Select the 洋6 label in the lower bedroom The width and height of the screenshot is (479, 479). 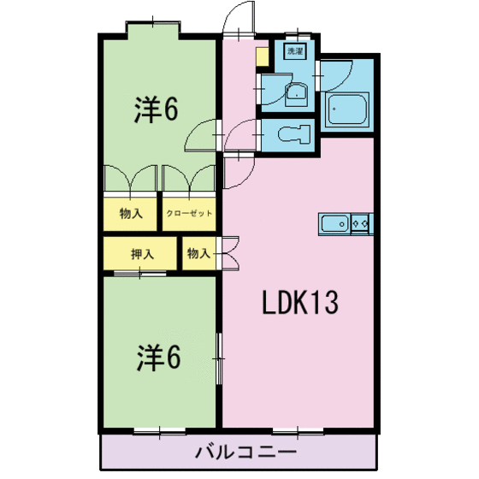click(x=157, y=358)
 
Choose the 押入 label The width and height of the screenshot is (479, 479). click(x=142, y=254)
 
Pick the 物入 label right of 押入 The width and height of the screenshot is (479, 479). click(x=198, y=254)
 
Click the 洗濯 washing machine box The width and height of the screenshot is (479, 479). click(x=295, y=52)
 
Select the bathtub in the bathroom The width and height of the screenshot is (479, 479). click(x=347, y=109)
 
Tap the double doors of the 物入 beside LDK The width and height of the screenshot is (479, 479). click(x=228, y=253)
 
